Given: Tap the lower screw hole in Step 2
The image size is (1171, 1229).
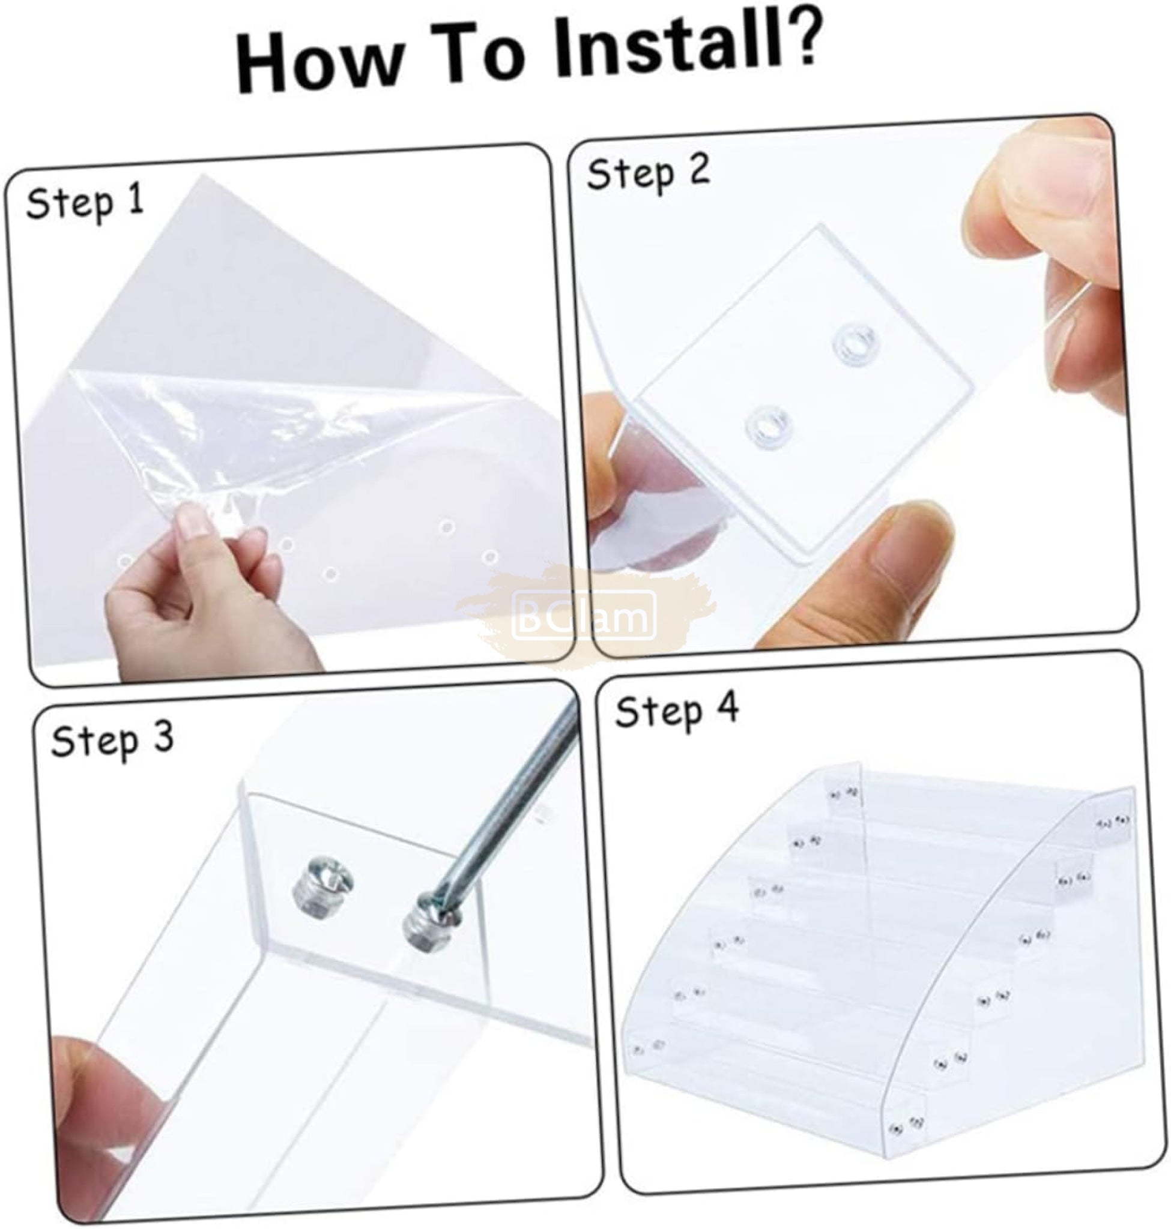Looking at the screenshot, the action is [766, 426].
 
